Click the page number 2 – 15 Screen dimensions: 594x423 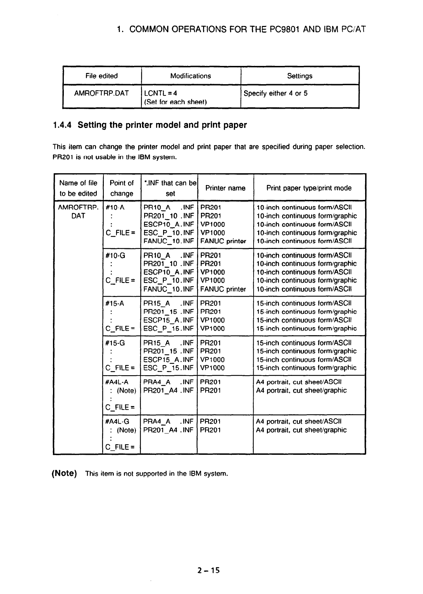pos(208,571)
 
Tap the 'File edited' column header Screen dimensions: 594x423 pos(101,76)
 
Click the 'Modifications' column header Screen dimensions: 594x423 pos(190,76)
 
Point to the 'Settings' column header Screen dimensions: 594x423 pos(300,76)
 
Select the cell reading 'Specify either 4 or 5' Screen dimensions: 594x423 pos(275,93)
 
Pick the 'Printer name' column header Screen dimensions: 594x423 pos(225,188)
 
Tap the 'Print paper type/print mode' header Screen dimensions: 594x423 pos(309,188)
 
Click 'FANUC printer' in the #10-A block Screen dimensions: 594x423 pos(223,241)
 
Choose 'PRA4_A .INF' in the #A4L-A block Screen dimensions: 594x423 pos(168,382)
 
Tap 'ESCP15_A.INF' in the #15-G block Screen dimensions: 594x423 pos(168,359)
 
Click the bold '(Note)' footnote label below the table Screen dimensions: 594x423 pos(64,474)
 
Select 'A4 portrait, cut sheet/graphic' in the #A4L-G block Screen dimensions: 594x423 pos(301,430)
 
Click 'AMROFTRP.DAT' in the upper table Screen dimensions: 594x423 pos(101,93)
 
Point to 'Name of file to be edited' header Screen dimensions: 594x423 pos(78,188)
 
